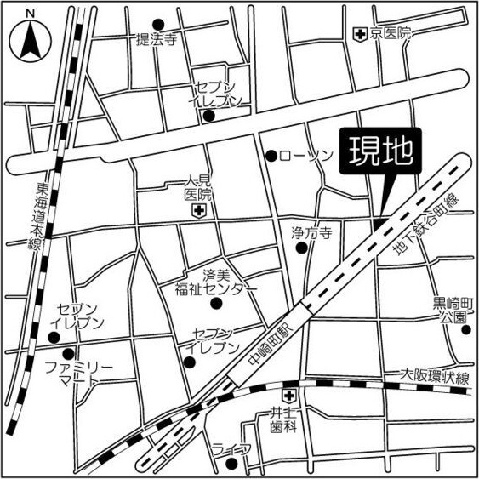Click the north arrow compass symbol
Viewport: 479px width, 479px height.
pyautogui.click(x=30, y=38)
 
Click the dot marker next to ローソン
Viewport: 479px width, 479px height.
pyautogui.click(x=271, y=156)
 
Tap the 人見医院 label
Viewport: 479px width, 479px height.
pyautogui.click(x=199, y=188)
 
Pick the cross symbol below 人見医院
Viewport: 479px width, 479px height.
pyautogui.click(x=198, y=210)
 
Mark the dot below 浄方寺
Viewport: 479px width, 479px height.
pyautogui.click(x=301, y=248)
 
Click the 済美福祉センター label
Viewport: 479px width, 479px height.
pyautogui.click(x=217, y=282)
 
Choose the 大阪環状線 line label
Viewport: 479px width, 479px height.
pyautogui.click(x=436, y=377)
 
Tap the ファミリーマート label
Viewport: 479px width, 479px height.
pyautogui.click(x=78, y=372)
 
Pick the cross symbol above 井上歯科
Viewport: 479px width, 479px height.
pyautogui.click(x=289, y=396)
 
